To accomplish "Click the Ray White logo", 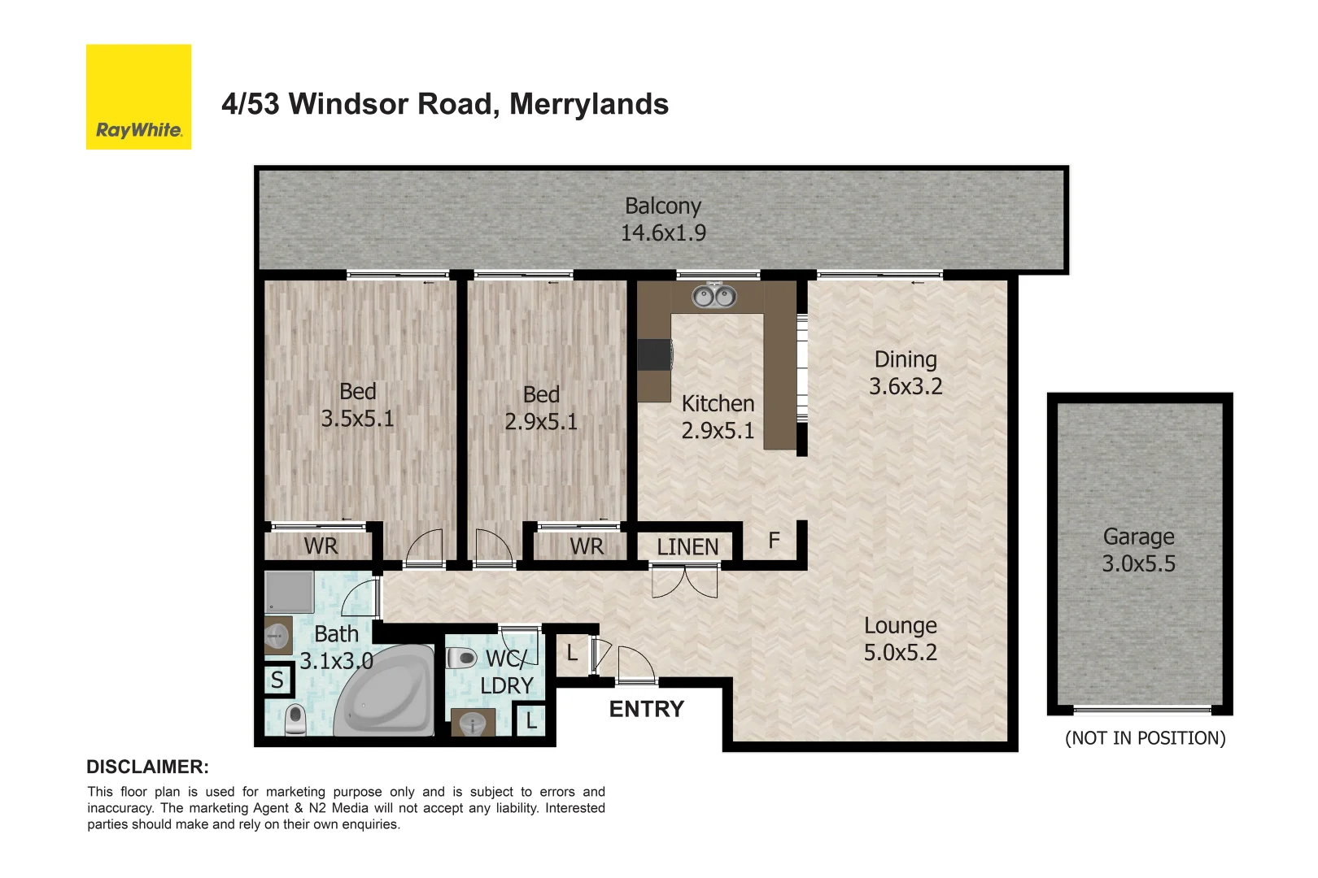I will [138, 97].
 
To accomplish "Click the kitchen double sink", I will [714, 297].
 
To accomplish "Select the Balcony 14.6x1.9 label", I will [663, 219].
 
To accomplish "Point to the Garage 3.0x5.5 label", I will [1138, 550].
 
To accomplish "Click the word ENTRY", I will [647, 710].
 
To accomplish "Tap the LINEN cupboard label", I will [687, 547].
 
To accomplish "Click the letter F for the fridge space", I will [774, 540].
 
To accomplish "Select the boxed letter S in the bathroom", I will [277, 680].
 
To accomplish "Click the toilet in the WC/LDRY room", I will [462, 658].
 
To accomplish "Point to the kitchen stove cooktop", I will [655, 354].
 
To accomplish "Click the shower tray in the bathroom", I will [290, 591].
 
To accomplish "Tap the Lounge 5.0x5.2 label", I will [900, 639].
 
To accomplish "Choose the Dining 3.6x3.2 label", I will [906, 373].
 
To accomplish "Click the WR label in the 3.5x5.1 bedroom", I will [321, 546].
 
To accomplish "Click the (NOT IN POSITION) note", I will [1145, 738].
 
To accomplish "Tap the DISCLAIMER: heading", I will [147, 767].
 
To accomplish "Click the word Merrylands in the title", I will [589, 104].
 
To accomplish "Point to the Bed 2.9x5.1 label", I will [541, 408].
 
